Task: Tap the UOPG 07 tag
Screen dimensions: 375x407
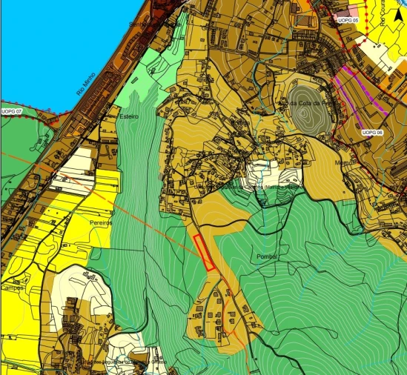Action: click(x=13, y=111)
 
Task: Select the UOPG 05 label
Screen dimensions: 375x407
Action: click(x=348, y=21)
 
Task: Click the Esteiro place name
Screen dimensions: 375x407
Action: click(x=130, y=116)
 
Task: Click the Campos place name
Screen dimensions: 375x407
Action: click(x=13, y=287)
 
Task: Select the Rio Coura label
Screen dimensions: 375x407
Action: click(x=386, y=16)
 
